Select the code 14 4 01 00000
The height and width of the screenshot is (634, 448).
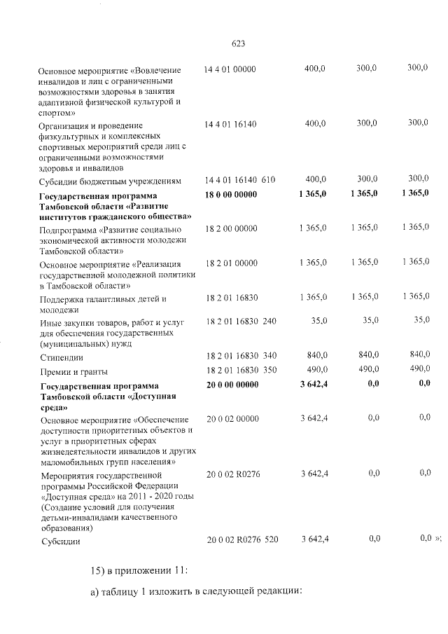[230, 69]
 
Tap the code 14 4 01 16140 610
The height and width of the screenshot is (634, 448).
[239, 180]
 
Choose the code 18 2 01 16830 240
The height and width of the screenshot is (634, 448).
[241, 321]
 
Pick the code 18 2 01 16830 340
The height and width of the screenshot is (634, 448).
[241, 356]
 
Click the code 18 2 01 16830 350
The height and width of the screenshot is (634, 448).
[241, 370]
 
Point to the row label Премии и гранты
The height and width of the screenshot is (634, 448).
[74, 371]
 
